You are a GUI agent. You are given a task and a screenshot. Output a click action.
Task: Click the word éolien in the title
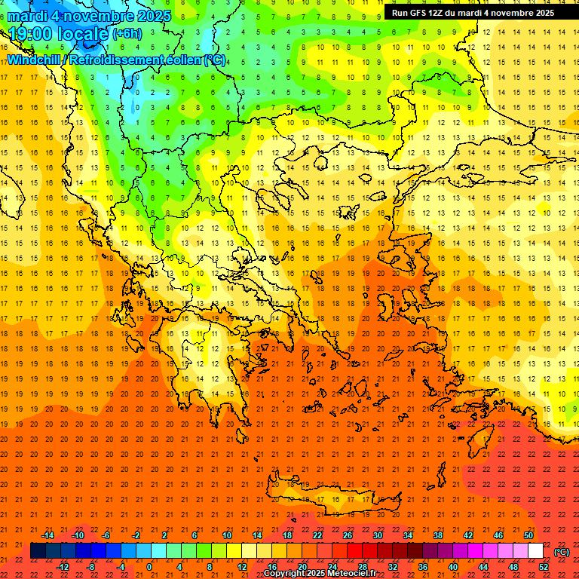[185, 60]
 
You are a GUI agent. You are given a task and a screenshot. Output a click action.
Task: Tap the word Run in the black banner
[400, 13]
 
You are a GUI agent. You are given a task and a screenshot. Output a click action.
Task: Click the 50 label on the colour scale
[528, 535]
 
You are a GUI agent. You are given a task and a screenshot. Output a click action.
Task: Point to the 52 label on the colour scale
[544, 567]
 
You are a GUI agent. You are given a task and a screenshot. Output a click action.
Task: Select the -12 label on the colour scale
[63, 567]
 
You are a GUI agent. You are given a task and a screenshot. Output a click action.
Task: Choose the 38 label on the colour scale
[437, 535]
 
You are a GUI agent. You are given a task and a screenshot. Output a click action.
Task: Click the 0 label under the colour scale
[149, 567]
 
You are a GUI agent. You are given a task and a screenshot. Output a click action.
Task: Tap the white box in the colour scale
[535, 551]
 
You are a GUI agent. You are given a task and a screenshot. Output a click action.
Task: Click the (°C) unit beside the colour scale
[562, 552]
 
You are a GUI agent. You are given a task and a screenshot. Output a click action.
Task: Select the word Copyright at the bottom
[286, 574]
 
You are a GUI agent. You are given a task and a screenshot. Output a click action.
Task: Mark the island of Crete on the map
[332, 498]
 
